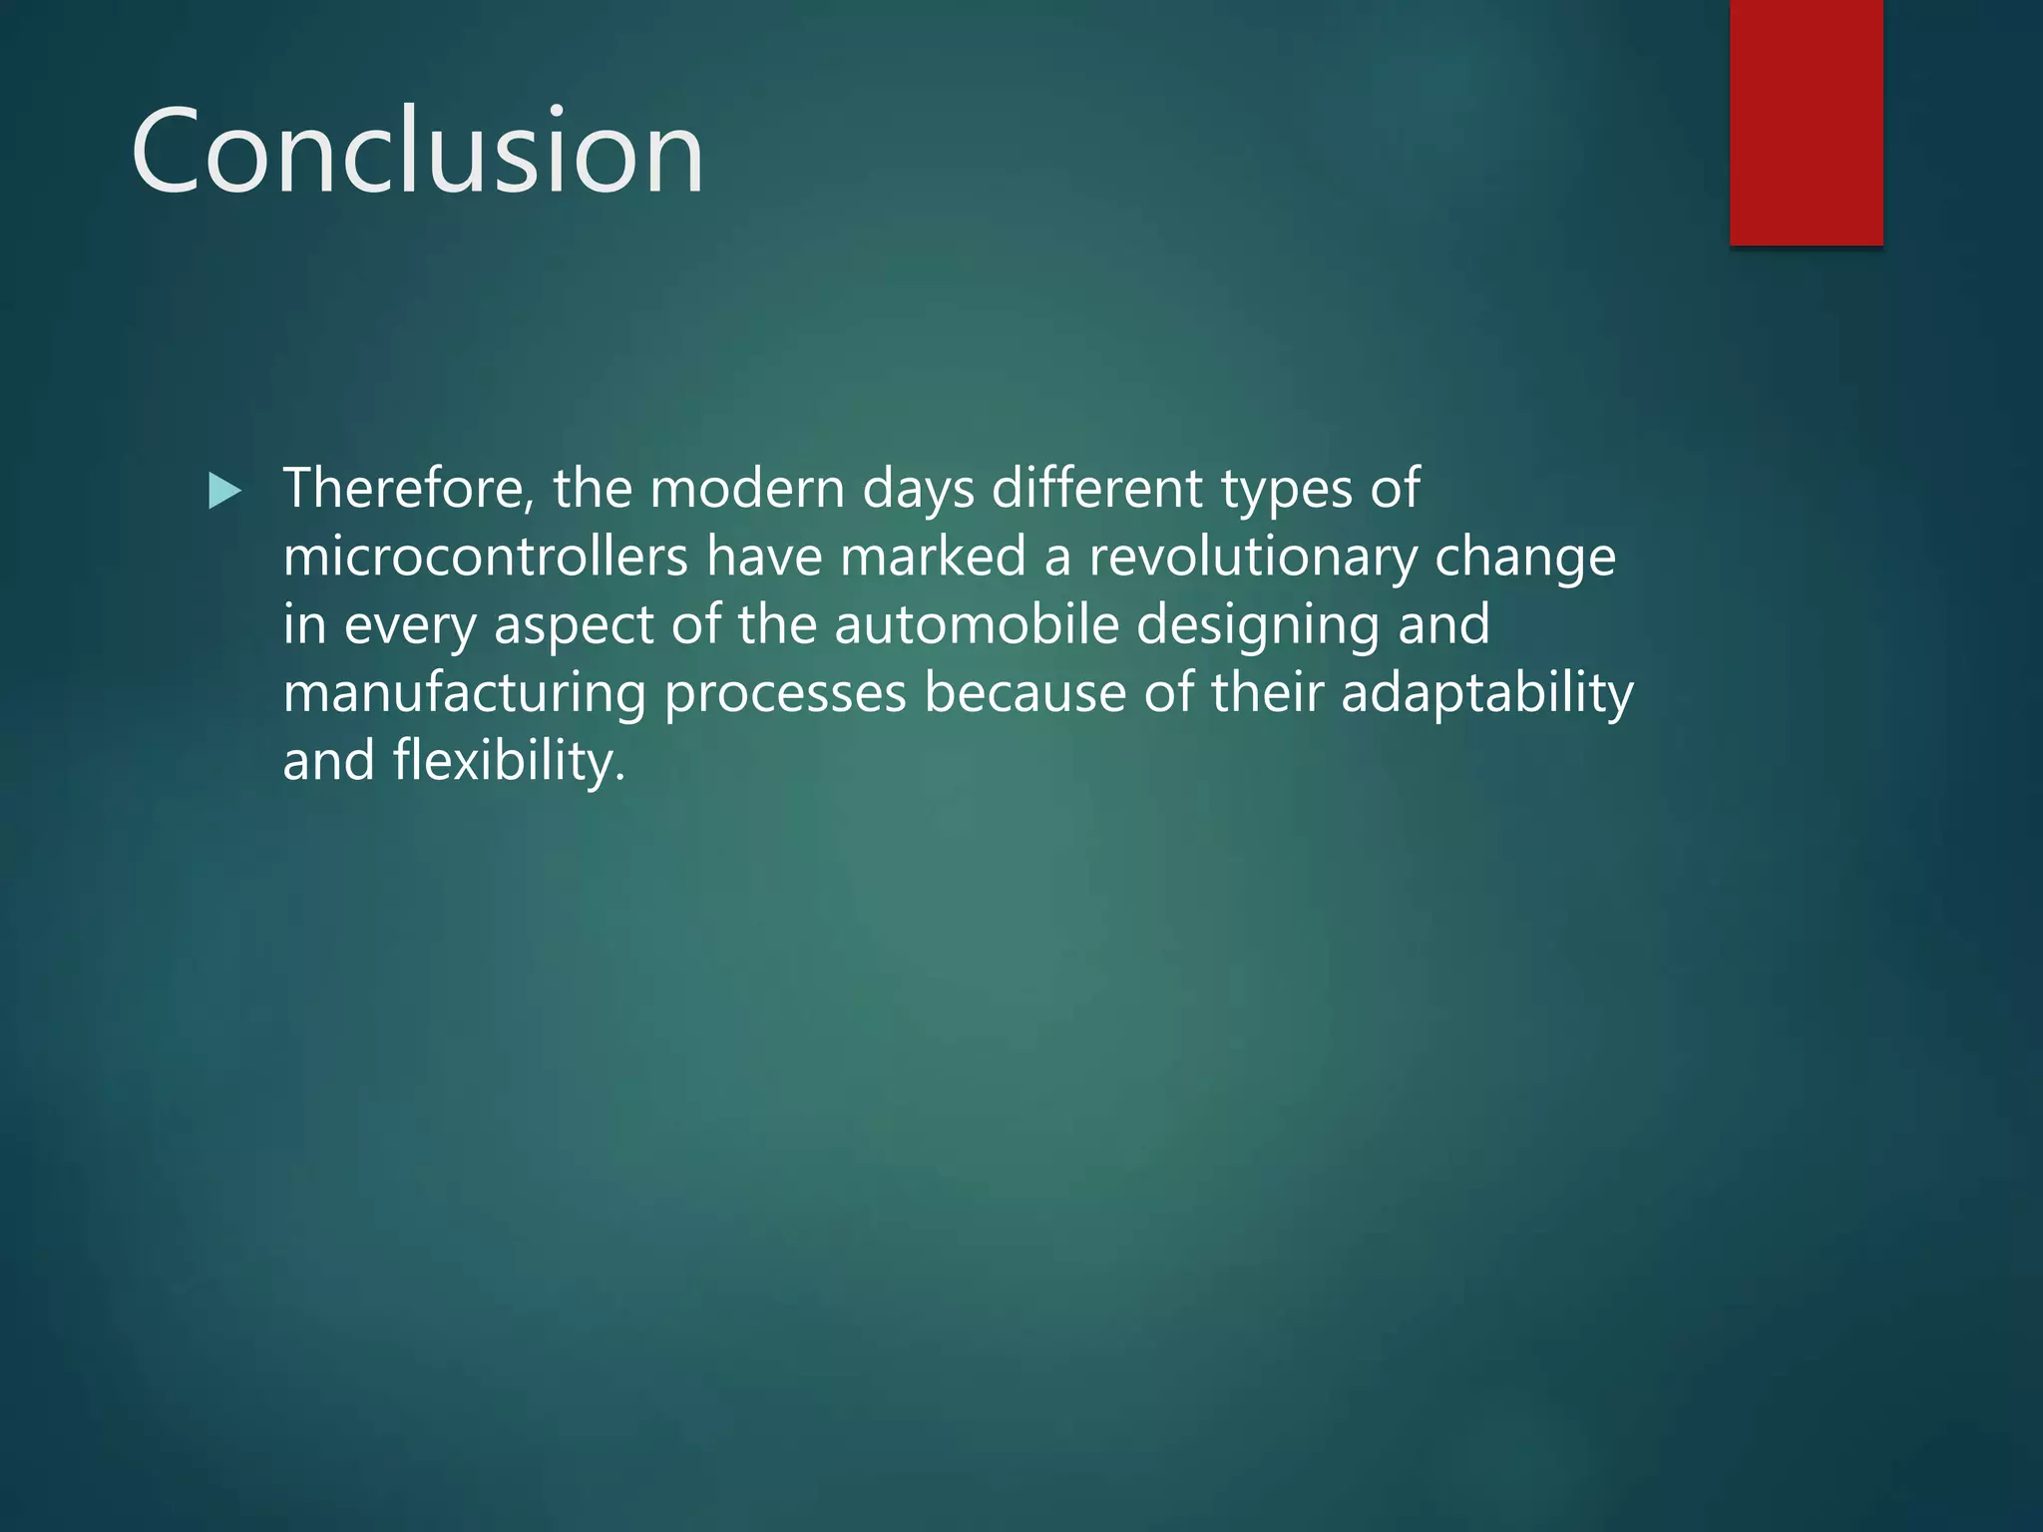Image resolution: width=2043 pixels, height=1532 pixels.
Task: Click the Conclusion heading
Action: (417, 152)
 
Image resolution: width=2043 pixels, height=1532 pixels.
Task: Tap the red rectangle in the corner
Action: (1806, 122)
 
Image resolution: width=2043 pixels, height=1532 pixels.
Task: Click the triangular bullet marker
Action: (225, 491)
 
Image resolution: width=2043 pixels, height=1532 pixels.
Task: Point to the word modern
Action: (747, 489)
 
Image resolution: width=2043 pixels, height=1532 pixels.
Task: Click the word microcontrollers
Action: (485, 557)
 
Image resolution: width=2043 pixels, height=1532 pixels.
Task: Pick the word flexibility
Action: (509, 761)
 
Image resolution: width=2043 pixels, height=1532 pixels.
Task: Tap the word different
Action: (1097, 489)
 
